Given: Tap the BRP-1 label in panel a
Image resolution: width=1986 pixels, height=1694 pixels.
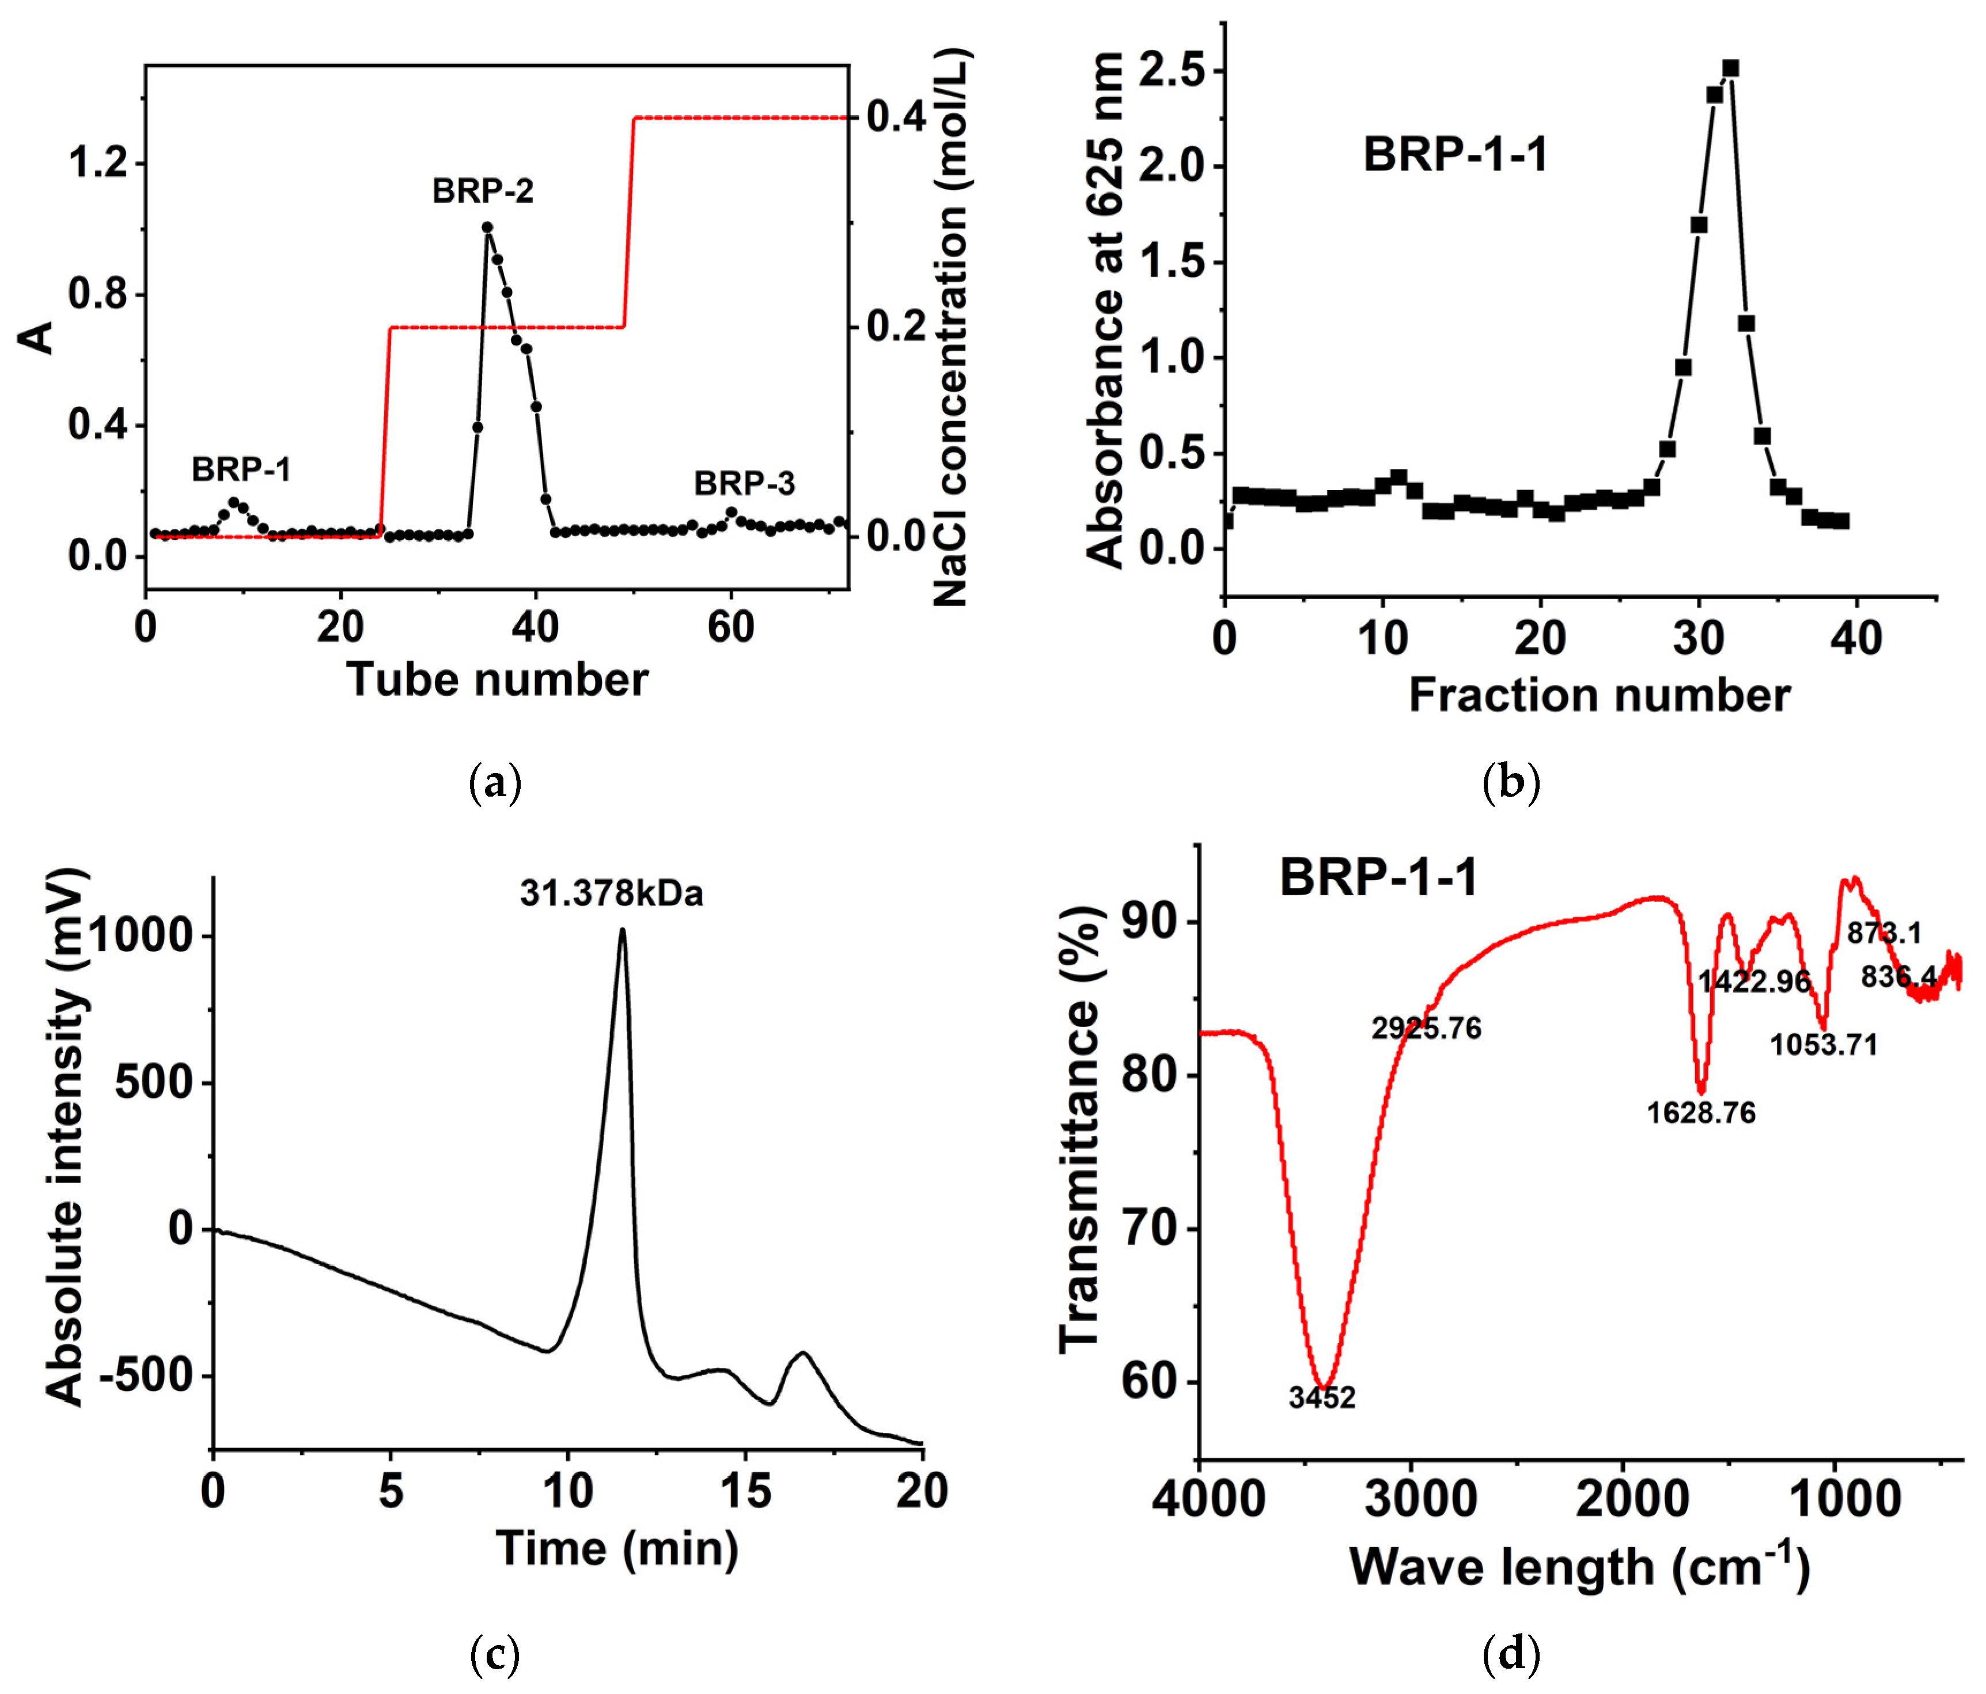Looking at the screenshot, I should [241, 470].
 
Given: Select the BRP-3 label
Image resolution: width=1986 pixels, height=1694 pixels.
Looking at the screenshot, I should [745, 484].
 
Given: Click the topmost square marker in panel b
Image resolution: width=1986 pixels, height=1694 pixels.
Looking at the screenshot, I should [1730, 68].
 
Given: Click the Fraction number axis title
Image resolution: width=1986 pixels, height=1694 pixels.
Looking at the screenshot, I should [1599, 695].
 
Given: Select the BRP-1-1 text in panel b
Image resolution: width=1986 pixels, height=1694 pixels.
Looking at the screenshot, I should [1455, 154].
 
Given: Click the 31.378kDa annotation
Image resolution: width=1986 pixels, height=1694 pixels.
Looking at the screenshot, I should [612, 893].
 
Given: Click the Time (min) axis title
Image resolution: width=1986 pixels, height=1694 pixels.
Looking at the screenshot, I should [616, 1548].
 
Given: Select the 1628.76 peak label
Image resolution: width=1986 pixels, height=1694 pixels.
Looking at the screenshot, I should [1701, 1112].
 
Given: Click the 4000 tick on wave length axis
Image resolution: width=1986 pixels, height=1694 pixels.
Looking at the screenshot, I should [1208, 1498].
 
